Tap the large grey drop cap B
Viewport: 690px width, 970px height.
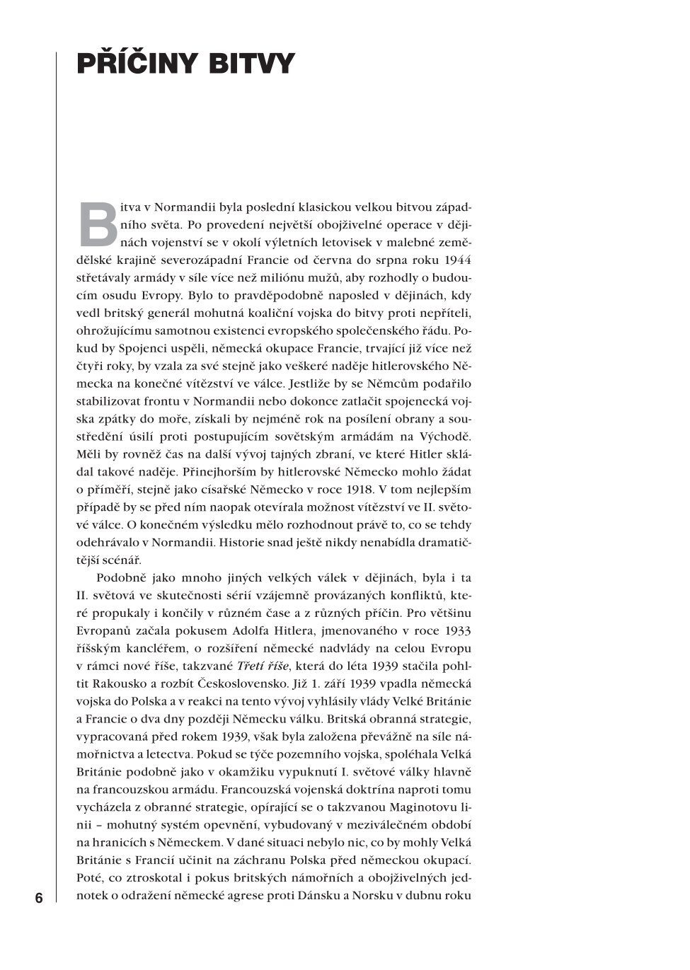point(97,224)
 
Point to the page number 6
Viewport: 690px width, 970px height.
point(39,899)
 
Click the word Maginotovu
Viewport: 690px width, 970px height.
point(413,807)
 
